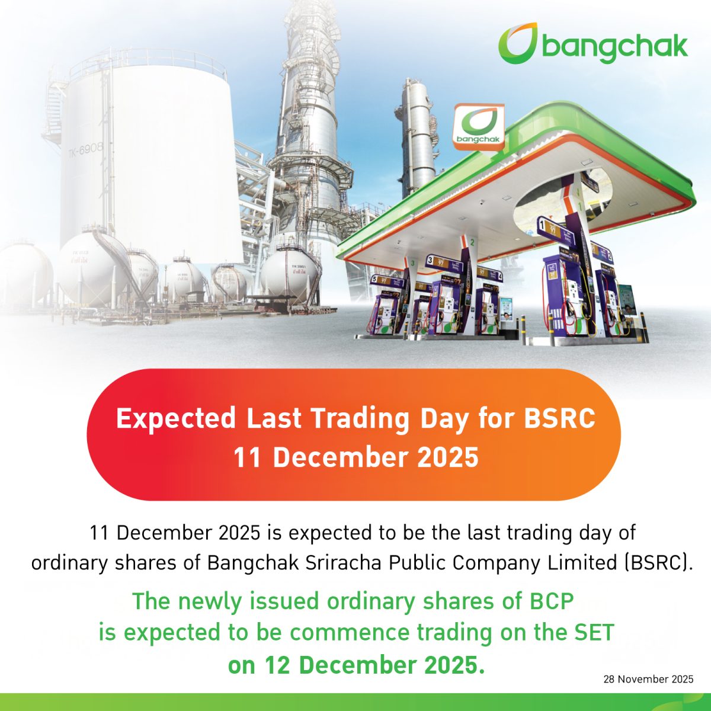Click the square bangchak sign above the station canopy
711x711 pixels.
pos(478,126)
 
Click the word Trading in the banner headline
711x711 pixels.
pos(361,418)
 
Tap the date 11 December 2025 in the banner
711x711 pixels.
pos(355,457)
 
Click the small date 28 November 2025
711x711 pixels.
pos(648,679)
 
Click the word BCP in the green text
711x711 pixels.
pos(550,601)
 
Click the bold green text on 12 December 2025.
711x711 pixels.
pos(356,665)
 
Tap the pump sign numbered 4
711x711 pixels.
pos(499,276)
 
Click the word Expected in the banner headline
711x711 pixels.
pos(175,418)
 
